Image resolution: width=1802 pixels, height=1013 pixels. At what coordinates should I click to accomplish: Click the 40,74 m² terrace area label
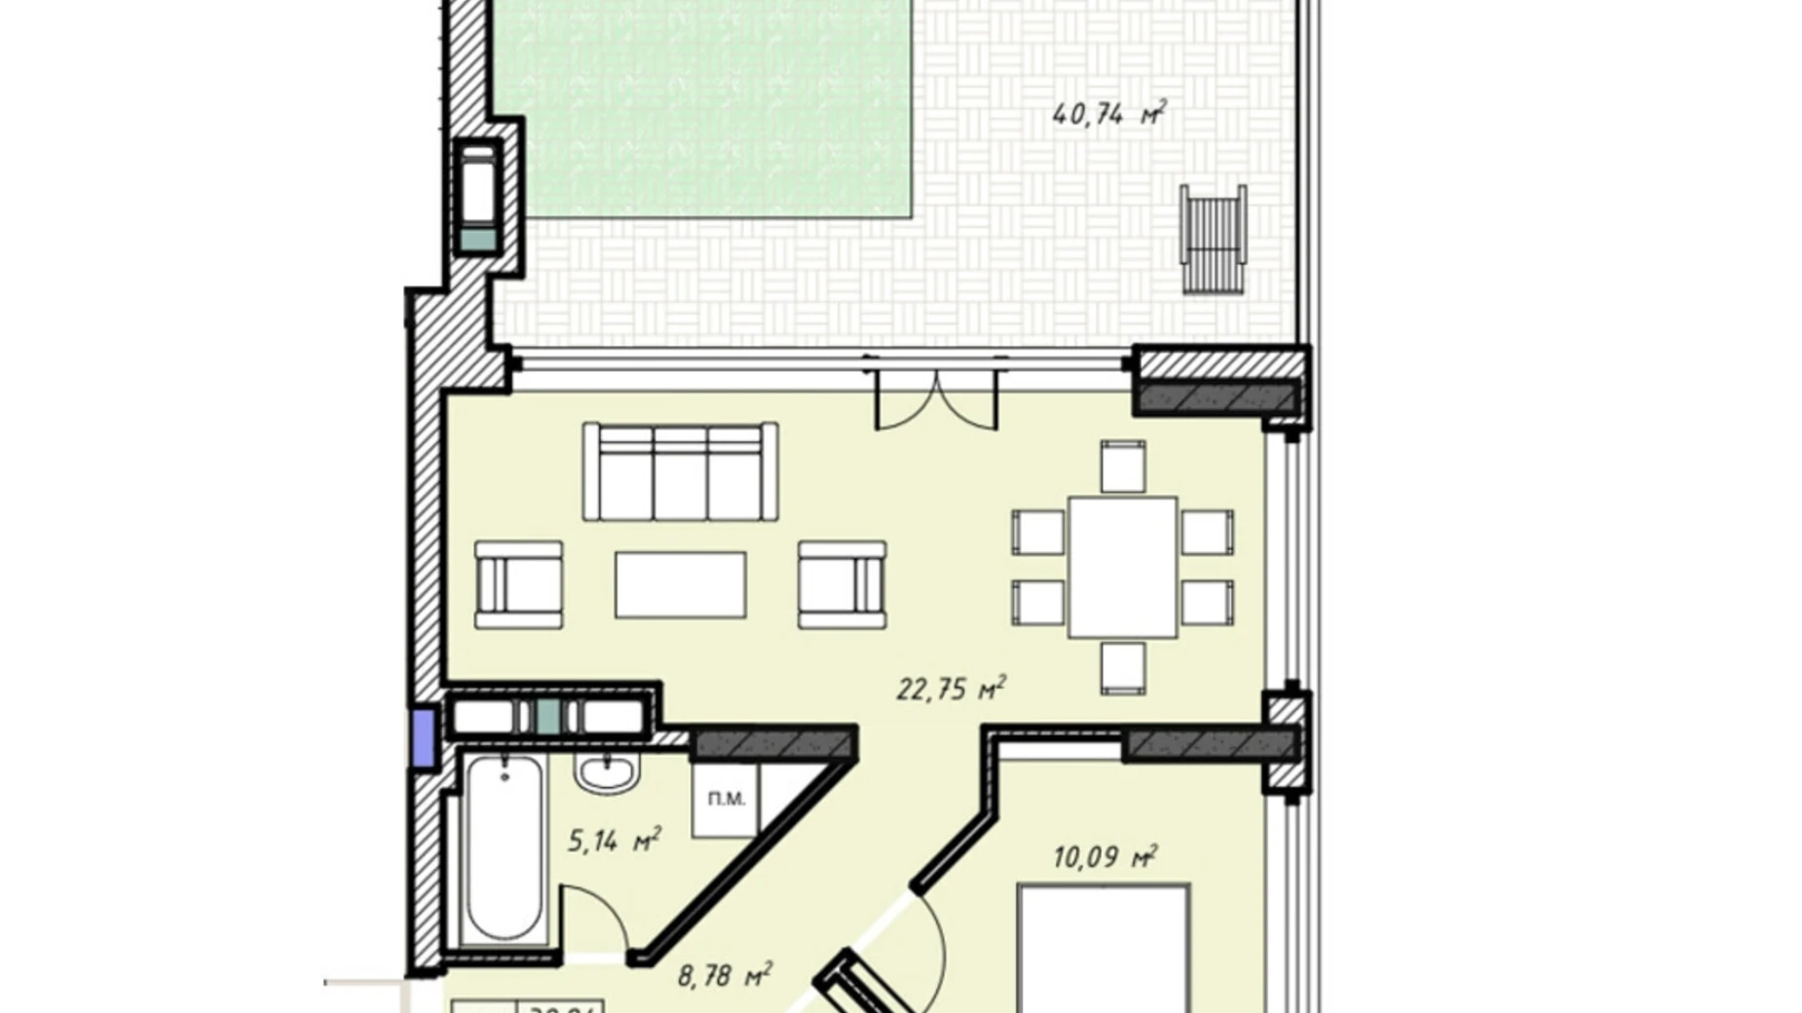(x=1108, y=114)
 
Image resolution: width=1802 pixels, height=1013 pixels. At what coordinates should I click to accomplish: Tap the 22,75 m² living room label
(x=950, y=689)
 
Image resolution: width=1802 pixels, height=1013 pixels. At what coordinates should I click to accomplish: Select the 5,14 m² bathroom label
(x=614, y=840)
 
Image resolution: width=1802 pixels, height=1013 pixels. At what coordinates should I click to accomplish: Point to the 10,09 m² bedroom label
(x=1105, y=857)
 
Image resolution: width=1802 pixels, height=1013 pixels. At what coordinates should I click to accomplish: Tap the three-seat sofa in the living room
(x=680, y=472)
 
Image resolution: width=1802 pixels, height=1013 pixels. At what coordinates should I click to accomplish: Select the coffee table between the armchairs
(x=680, y=584)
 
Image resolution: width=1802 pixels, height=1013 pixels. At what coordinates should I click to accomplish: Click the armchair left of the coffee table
(x=518, y=584)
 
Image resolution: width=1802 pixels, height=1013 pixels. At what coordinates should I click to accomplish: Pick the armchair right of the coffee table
(x=842, y=584)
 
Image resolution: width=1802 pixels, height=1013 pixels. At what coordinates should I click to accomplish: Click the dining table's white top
(x=1122, y=567)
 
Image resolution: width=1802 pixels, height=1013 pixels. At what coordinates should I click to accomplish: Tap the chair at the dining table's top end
(x=1122, y=467)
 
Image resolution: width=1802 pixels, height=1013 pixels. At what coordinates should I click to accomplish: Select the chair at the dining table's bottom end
(x=1122, y=668)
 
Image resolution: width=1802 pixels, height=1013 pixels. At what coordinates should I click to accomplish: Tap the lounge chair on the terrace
(x=1213, y=239)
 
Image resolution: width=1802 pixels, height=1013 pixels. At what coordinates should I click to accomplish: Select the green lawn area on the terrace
(x=701, y=107)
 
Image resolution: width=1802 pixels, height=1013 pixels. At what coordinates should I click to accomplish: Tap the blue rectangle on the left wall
(x=423, y=737)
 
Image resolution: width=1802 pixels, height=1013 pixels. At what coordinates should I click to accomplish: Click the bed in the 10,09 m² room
(x=1103, y=950)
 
